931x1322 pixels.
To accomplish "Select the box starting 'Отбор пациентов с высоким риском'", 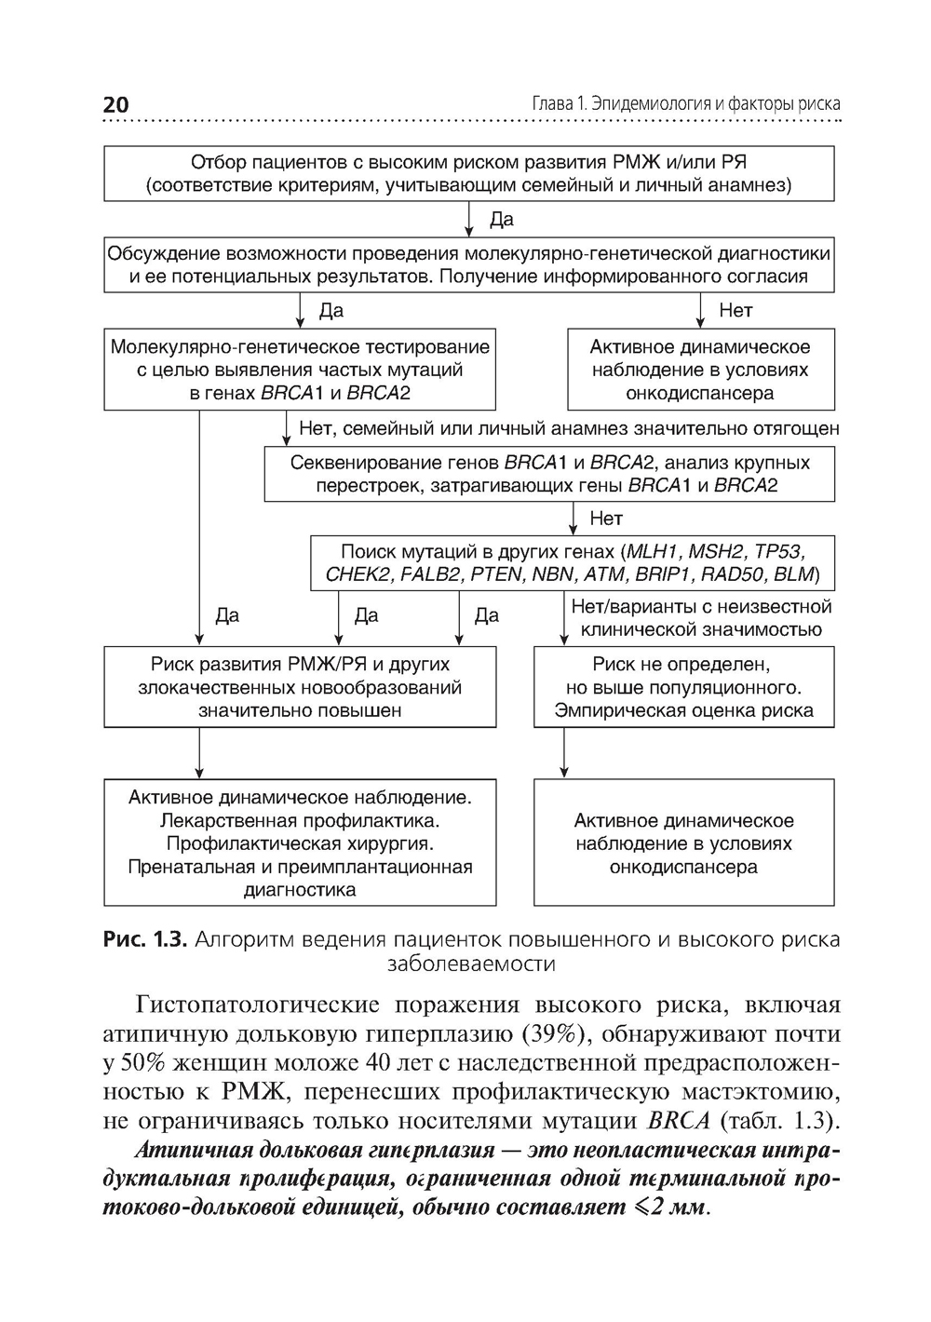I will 468,173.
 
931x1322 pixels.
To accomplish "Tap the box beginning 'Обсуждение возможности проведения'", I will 468,265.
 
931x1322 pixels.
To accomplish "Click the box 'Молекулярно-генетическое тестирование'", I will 300,370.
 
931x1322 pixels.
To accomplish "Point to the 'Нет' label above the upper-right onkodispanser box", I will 735,311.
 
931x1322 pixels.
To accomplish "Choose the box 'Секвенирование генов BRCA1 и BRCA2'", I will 549,474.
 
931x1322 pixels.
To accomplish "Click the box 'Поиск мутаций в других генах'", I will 573,562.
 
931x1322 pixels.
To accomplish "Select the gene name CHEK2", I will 357,574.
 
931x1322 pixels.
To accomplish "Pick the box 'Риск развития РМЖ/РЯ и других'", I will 300,688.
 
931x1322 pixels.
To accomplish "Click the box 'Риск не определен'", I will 683,688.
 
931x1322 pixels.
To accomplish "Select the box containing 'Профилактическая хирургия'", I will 300,843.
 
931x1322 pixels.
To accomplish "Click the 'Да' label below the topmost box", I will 501,221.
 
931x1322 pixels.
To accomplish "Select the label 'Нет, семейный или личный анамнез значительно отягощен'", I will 568,429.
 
